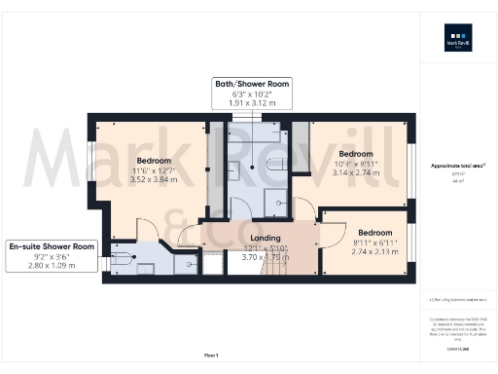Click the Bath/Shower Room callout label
click(252, 85)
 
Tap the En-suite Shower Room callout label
click(52, 246)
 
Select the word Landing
click(265, 238)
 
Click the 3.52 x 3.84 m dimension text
click(154, 180)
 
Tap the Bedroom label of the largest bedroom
click(154, 160)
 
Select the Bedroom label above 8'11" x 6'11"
click(374, 233)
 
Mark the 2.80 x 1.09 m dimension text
click(52, 265)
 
